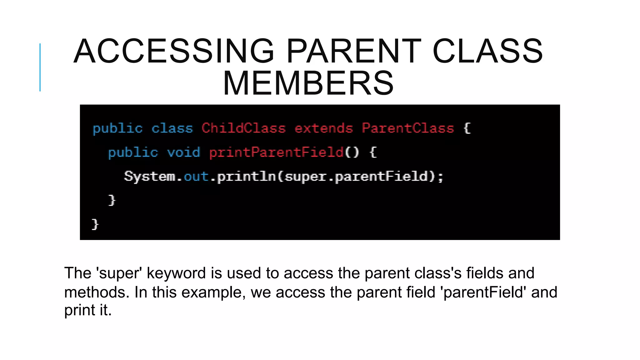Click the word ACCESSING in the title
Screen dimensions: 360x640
tap(174, 51)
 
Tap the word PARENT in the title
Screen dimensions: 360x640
tap(354, 51)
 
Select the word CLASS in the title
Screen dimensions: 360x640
tap(487, 51)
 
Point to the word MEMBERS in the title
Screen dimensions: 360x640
tap(308, 83)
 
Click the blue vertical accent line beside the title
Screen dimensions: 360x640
tap(40, 67)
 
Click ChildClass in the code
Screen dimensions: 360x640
tap(243, 128)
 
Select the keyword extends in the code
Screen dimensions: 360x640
tap(323, 128)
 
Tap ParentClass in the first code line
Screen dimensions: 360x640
tap(407, 128)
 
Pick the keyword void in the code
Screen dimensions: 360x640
tap(183, 152)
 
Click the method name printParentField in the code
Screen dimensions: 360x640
tap(276, 152)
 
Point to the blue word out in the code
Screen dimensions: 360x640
tap(196, 177)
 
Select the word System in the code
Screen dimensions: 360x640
tap(150, 177)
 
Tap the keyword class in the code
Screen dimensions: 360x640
tap(172, 128)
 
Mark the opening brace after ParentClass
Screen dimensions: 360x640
tap(467, 128)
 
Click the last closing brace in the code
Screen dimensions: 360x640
tap(95, 224)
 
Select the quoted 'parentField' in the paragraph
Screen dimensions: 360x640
tap(483, 292)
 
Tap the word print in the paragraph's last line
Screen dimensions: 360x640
tap(79, 310)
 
